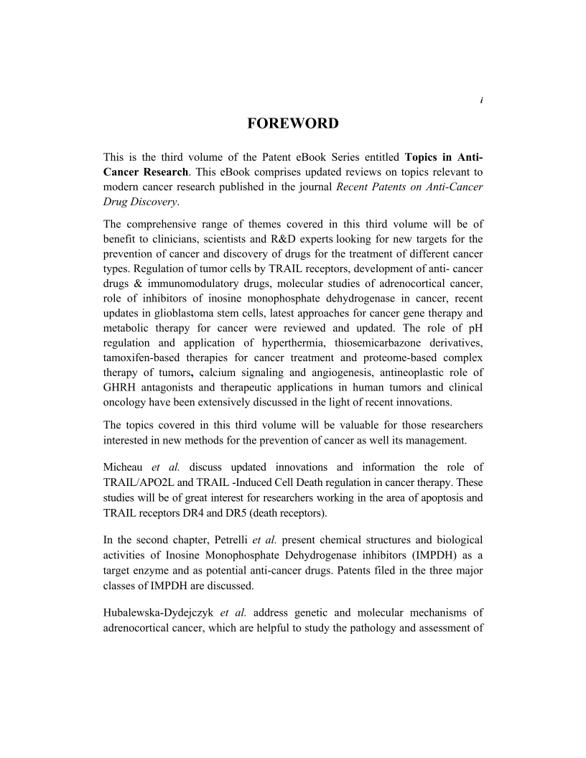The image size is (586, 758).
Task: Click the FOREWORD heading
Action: [x=292, y=123]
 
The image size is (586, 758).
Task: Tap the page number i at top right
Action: [x=481, y=100]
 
